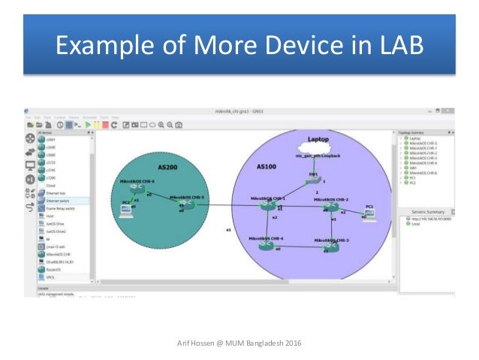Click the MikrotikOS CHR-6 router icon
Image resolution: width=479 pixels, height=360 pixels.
137,191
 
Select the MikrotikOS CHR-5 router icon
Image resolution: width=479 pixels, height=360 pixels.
186,206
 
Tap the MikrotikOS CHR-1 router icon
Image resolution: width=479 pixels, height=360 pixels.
267,205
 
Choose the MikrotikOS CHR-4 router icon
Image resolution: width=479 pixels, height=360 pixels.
267,245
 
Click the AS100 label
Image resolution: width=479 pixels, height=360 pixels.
268,166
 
